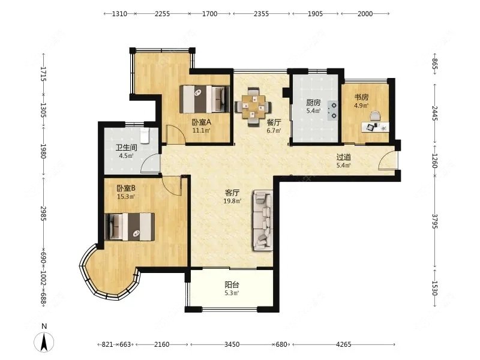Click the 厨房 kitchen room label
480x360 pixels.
pos(313,102)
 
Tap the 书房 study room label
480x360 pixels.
pos(361,97)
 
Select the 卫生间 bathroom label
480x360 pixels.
pos(126,148)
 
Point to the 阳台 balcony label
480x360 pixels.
pos(232,284)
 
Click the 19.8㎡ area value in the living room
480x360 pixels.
pos(232,201)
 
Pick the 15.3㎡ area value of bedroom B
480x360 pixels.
pos(126,197)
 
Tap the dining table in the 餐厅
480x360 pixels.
pos(253,107)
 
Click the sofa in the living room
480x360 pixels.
pos(263,221)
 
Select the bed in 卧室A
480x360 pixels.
pos(205,99)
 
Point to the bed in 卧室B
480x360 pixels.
pos(130,227)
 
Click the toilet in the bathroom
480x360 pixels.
pos(145,136)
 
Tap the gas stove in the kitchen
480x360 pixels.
pos(332,110)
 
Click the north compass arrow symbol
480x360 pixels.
pos(44,341)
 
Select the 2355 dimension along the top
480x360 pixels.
pos(261,13)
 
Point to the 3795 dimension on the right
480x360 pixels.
pos(434,221)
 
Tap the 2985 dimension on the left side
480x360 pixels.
pos(43,214)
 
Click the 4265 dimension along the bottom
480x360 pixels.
pos(343,344)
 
